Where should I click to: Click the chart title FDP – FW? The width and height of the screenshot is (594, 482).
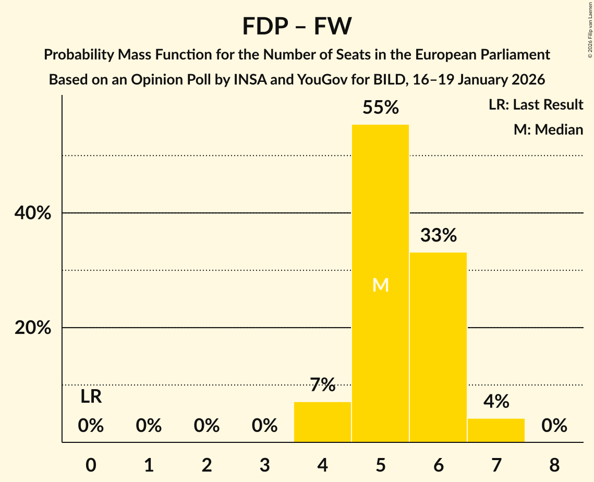tap(297, 26)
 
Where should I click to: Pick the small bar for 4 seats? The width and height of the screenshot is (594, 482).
tap(322, 422)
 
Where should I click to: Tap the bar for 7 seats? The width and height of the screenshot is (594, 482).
tap(496, 430)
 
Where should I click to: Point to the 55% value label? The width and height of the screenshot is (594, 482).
tap(380, 107)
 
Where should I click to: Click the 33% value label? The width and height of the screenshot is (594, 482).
tap(438, 235)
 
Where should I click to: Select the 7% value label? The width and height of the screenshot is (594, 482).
tap(322, 385)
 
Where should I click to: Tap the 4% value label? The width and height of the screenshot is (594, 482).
tap(496, 401)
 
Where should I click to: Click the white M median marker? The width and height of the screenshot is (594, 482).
tap(380, 285)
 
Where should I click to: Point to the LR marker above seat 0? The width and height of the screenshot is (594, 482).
tap(91, 397)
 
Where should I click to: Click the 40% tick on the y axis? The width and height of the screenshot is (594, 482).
tap(32, 213)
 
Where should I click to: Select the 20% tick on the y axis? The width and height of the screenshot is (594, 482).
tap(32, 328)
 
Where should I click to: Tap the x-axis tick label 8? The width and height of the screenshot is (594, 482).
tap(554, 465)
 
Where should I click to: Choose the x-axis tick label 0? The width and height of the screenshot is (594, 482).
tap(91, 465)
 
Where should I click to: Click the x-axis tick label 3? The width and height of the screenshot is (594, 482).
tap(264, 465)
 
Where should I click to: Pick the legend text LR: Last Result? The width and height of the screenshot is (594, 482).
tap(536, 105)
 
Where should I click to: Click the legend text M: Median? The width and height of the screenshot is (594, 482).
tap(548, 129)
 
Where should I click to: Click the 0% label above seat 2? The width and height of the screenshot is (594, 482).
tap(207, 426)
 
